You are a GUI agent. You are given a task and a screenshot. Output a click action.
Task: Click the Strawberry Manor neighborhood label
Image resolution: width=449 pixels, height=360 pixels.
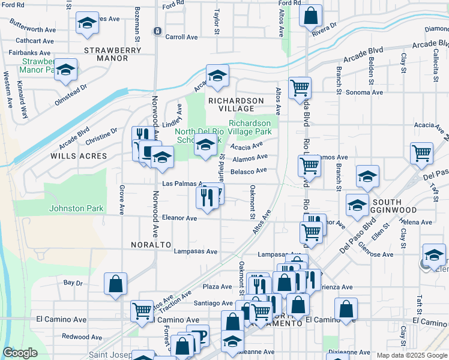tap(113, 50)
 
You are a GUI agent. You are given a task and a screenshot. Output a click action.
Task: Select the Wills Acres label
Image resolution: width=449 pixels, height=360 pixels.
tap(79, 156)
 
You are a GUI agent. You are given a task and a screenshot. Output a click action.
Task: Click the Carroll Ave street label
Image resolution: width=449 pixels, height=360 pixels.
tap(181, 37)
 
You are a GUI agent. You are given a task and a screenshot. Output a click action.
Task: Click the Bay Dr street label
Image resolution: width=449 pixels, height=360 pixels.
tap(73, 282)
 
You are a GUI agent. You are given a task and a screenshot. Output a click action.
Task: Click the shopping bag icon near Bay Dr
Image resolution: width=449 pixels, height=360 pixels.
tap(116, 284)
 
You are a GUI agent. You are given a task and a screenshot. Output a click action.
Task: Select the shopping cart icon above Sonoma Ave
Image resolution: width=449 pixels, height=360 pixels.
tap(300, 88)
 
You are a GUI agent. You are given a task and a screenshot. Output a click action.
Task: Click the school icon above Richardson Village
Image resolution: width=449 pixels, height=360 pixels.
tap(218, 76)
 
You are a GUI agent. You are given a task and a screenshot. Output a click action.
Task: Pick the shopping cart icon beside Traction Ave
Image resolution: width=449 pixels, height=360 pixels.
tap(142, 310)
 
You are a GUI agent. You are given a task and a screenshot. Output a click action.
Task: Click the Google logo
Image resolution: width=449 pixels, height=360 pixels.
tap(20, 353)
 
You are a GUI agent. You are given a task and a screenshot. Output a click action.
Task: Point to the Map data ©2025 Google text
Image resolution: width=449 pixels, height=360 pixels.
tap(411, 355)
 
